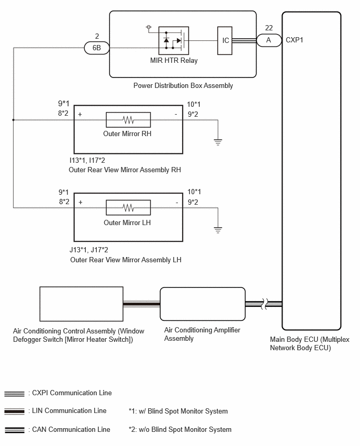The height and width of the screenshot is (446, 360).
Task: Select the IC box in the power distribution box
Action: (x=224, y=40)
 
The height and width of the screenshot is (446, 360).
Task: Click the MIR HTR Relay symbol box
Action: (x=174, y=40)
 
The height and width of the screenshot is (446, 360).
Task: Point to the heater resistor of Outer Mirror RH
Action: (x=128, y=120)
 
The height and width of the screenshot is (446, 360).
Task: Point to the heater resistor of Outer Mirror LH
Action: (x=128, y=208)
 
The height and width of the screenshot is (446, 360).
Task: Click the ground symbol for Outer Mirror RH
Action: (x=218, y=142)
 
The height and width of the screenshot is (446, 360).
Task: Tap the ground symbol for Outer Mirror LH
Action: (x=218, y=230)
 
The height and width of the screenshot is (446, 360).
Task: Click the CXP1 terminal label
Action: (x=294, y=40)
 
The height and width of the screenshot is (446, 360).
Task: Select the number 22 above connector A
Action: (x=269, y=28)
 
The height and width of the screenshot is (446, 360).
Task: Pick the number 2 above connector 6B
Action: (x=97, y=36)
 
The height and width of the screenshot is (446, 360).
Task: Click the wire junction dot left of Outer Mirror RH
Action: (x=14, y=120)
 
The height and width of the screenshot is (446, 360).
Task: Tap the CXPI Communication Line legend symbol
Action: (x=15, y=394)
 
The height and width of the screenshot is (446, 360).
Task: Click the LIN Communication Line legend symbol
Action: (x=15, y=411)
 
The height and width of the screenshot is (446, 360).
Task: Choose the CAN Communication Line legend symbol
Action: (x=15, y=430)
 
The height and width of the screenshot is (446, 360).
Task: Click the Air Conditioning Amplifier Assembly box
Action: (x=203, y=304)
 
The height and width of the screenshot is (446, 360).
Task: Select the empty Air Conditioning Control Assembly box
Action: (x=81, y=304)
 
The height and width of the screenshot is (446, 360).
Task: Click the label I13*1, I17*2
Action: (x=87, y=160)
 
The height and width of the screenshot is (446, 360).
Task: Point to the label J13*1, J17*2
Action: (x=89, y=250)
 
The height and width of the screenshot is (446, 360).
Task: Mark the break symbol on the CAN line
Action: (x=265, y=304)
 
